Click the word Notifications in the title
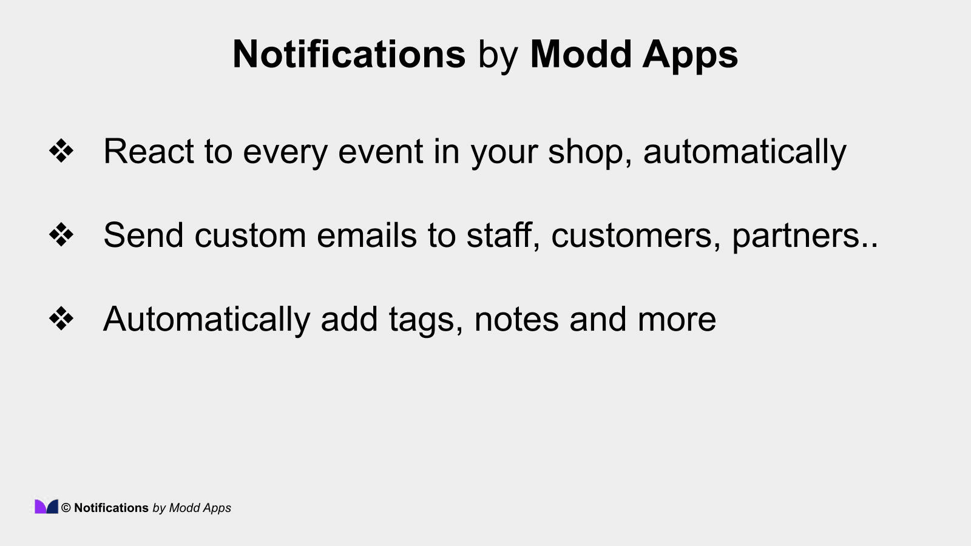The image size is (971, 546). pyautogui.click(x=349, y=55)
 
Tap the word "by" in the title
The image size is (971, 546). pyautogui.click(x=498, y=56)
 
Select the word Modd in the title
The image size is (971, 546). pyautogui.click(x=581, y=55)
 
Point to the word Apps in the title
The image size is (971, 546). pyautogui.click(x=690, y=56)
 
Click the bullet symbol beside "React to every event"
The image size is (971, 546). pyautogui.click(x=61, y=151)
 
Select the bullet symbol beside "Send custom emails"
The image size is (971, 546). pyautogui.click(x=61, y=235)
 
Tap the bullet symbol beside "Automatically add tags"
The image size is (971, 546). pyautogui.click(x=61, y=318)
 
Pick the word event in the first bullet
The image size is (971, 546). pyautogui.click(x=381, y=152)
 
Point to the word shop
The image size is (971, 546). pyautogui.click(x=585, y=152)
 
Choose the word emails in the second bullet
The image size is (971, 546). pyautogui.click(x=367, y=235)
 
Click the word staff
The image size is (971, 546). pyautogui.click(x=500, y=235)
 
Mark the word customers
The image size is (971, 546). pyautogui.click(x=631, y=236)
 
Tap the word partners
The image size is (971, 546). pyautogui.click(x=796, y=236)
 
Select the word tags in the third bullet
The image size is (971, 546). pyautogui.click(x=421, y=320)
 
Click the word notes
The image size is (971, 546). pyautogui.click(x=516, y=319)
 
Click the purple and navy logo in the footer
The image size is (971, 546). pyautogui.click(x=46, y=507)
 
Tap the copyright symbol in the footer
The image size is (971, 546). pyautogui.click(x=66, y=508)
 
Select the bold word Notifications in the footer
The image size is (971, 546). pyautogui.click(x=111, y=508)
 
